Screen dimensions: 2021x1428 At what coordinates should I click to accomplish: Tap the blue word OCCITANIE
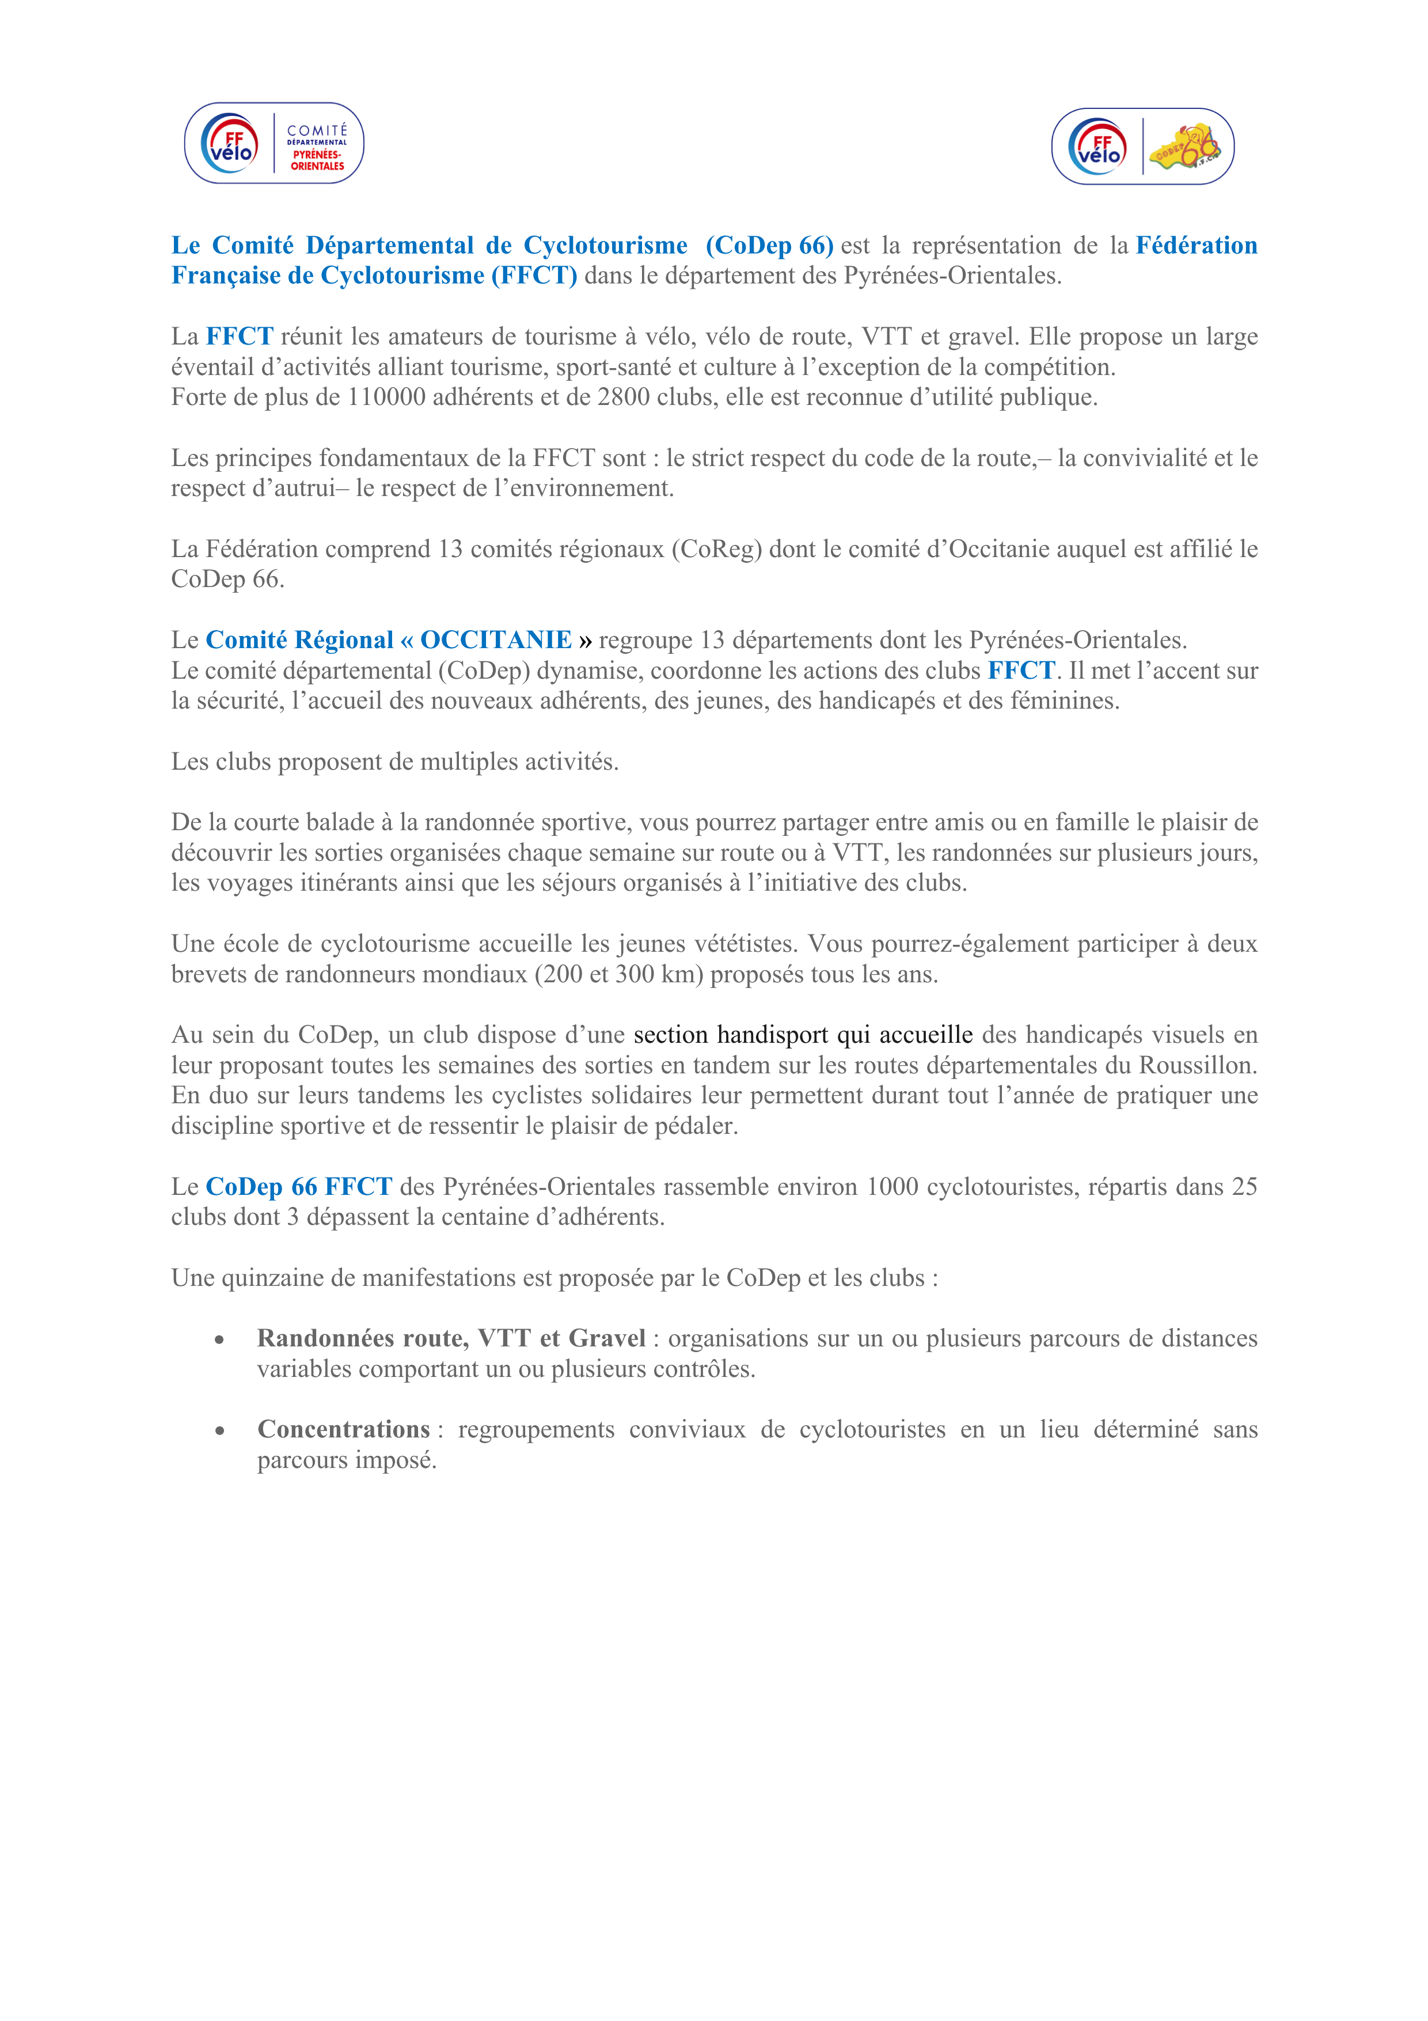point(496,640)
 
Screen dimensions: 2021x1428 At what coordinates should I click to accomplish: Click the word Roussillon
point(1198,1065)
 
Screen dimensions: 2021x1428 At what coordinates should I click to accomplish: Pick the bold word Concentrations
point(343,1429)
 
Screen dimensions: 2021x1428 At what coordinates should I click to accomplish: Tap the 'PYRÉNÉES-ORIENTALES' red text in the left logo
point(318,160)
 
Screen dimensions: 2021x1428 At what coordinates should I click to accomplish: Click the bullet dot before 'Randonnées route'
point(219,1339)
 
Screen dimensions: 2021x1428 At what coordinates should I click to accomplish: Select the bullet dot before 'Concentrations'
point(219,1431)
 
